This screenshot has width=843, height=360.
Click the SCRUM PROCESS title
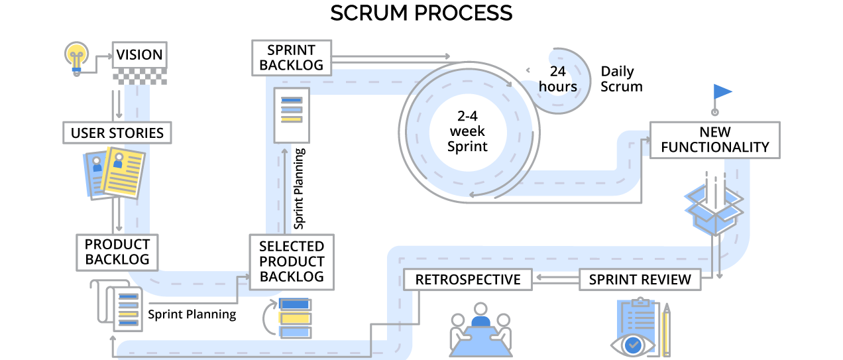pyautogui.click(x=421, y=13)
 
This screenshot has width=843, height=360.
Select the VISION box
pyautogui.click(x=139, y=55)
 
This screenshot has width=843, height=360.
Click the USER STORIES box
pyautogui.click(x=117, y=133)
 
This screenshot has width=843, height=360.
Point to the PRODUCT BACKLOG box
pyautogui.click(x=117, y=252)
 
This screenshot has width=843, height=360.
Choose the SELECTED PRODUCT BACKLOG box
pyautogui.click(x=292, y=261)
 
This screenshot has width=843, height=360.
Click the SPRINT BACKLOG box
pyautogui.click(x=292, y=58)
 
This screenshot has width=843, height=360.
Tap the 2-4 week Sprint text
pyautogui.click(x=467, y=131)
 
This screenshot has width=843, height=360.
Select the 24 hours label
pyautogui.click(x=557, y=79)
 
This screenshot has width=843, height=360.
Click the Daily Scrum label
pyautogui.click(x=621, y=79)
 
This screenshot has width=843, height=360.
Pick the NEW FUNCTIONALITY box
pyautogui.click(x=714, y=140)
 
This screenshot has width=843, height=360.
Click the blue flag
pyautogui.click(x=722, y=91)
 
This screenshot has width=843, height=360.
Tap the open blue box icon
pyautogui.click(x=714, y=209)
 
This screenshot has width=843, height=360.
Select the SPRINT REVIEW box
pyautogui.click(x=640, y=280)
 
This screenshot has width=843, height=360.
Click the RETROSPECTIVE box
pyautogui.click(x=468, y=280)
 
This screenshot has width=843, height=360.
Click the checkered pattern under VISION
pyautogui.click(x=139, y=78)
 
